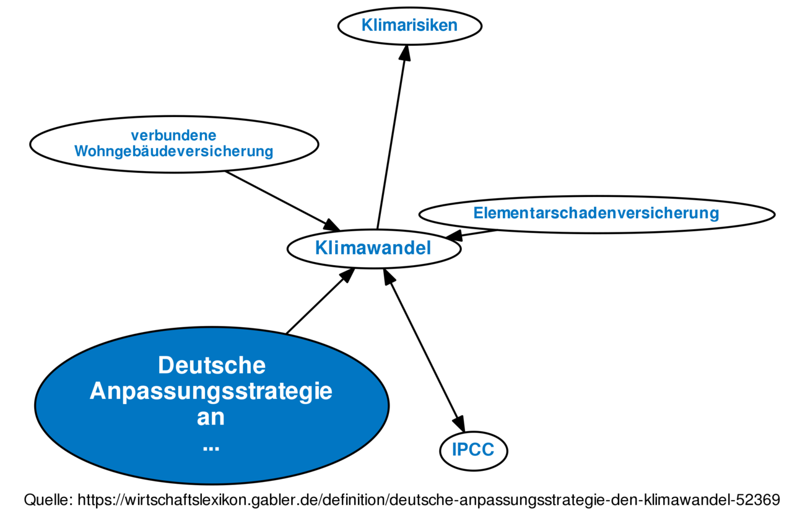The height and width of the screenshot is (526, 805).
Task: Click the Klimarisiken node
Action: (x=410, y=26)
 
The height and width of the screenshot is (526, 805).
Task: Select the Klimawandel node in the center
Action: (x=374, y=248)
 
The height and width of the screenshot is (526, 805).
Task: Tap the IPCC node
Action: (x=473, y=451)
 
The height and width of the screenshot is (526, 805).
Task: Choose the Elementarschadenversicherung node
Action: (x=596, y=214)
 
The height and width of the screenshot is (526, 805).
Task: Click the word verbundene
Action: (x=173, y=136)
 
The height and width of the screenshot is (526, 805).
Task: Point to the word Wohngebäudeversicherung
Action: (x=173, y=151)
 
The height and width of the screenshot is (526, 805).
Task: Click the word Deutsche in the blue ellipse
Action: (x=212, y=366)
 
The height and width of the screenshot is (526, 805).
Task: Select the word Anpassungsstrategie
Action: (x=211, y=391)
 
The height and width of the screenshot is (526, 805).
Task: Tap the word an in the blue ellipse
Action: (x=211, y=418)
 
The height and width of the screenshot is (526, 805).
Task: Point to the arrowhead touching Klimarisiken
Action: (x=405, y=53)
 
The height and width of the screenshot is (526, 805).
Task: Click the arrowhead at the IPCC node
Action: (x=459, y=424)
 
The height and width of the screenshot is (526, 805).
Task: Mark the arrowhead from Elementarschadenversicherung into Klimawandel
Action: (x=453, y=235)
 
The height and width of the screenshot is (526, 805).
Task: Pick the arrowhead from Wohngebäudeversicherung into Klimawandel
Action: (x=331, y=225)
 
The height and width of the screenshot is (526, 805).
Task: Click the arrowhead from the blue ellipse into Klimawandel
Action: (x=347, y=276)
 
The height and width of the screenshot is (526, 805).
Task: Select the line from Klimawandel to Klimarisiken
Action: (x=391, y=137)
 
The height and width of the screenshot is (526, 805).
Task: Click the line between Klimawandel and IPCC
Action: (x=424, y=351)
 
